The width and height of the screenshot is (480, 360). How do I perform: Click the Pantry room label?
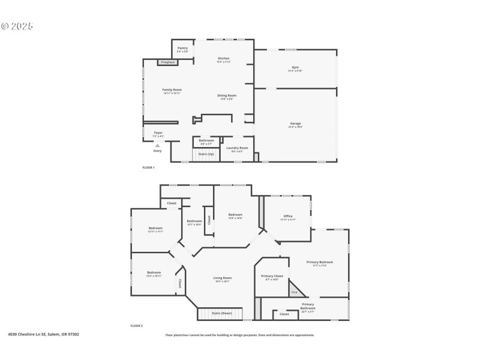[x=182, y=48]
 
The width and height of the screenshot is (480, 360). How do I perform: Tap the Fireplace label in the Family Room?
[x=167, y=62]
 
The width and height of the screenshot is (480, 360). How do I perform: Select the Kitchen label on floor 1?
[x=224, y=58]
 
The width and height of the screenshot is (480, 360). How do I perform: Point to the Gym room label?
[x=295, y=67]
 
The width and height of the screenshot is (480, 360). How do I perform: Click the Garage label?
[x=295, y=124]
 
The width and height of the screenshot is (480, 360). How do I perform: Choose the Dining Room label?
[x=226, y=95]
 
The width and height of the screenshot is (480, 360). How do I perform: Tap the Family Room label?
[x=172, y=90]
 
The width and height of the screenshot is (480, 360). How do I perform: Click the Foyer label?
[x=158, y=133]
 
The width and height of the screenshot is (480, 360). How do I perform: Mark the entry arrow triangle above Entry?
[x=157, y=145]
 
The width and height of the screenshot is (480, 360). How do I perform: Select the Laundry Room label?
[x=237, y=148]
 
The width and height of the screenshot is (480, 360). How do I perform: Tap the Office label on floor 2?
[x=287, y=216]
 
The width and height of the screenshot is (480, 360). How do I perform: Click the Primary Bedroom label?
[x=319, y=262]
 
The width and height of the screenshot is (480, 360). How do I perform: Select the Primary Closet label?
[x=272, y=276]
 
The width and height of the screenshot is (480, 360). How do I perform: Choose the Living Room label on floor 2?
[x=222, y=278]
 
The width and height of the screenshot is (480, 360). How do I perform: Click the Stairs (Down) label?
[x=222, y=313]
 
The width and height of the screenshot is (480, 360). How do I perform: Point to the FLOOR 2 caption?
[x=137, y=326]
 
